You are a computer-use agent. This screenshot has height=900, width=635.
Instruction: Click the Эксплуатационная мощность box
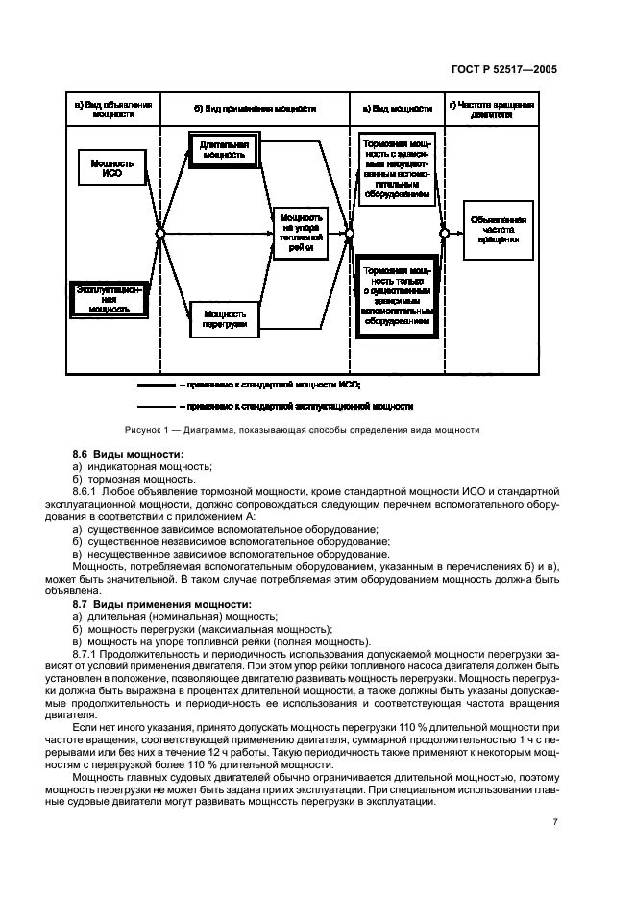(x=110, y=299)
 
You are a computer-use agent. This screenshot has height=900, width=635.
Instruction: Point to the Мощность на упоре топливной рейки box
(x=301, y=233)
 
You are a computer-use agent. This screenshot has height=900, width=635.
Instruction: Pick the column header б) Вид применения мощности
(x=251, y=107)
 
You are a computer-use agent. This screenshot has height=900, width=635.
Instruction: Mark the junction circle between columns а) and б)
(x=161, y=233)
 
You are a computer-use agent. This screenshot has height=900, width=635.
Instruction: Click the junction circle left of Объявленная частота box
(x=443, y=233)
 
